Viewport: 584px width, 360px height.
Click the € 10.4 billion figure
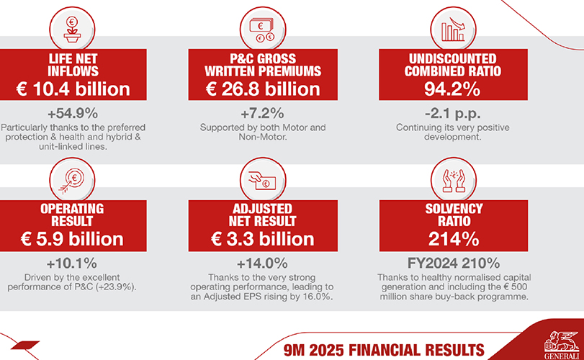[73, 89]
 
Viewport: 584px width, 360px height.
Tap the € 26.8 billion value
[263, 89]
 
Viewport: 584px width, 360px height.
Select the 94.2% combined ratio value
[452, 89]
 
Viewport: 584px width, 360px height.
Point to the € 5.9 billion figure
[72, 239]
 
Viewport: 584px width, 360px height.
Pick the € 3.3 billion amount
[263, 239]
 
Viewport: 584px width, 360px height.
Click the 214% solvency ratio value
[454, 239]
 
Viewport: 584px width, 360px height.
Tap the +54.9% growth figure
[73, 113]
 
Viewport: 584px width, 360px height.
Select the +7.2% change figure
[262, 113]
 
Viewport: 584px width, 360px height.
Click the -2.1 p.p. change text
[452, 113]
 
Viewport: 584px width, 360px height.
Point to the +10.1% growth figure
[72, 264]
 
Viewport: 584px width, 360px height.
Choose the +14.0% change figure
[262, 264]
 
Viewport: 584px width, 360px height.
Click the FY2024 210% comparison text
[454, 264]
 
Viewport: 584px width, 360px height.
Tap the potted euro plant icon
[72, 30]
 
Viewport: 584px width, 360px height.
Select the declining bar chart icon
[453, 29]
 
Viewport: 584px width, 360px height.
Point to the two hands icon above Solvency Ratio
[453, 181]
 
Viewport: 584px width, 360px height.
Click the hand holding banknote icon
[262, 180]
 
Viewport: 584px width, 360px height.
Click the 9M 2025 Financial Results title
[384, 351]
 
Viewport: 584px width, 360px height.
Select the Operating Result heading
[72, 215]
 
